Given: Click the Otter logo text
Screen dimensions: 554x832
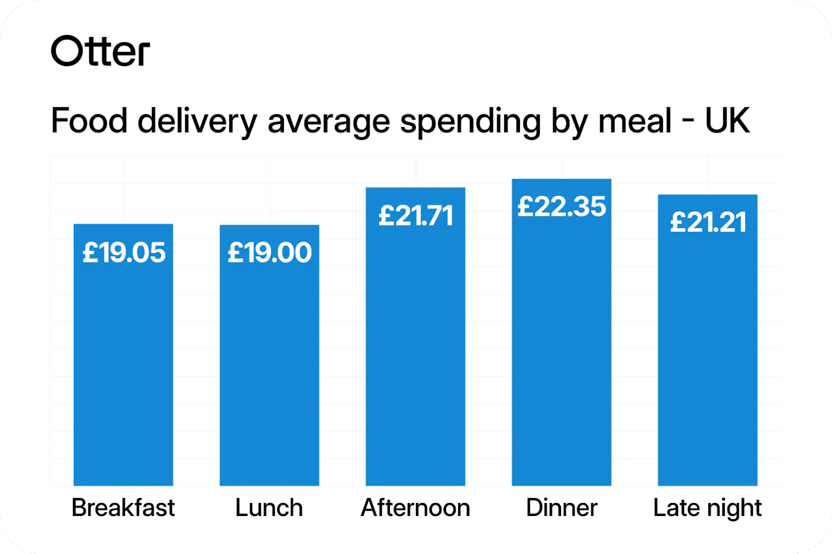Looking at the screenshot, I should click(100, 52).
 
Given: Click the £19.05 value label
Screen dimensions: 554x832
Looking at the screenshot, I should click(124, 253).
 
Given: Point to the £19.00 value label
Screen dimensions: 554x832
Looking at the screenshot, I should click(269, 253).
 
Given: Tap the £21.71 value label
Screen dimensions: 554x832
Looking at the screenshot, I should click(415, 216).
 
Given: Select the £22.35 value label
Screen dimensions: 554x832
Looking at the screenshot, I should click(562, 207).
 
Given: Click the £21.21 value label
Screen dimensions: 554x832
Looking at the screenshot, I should click(708, 223).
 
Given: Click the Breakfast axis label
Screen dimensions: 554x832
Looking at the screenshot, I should click(123, 508).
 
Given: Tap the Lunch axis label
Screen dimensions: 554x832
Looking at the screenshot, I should click(269, 508).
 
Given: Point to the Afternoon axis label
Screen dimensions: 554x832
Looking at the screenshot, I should click(415, 508).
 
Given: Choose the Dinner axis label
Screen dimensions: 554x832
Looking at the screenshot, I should click(562, 508).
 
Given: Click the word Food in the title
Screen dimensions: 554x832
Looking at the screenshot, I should click(89, 121).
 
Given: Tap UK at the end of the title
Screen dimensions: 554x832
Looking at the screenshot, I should click(727, 121).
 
